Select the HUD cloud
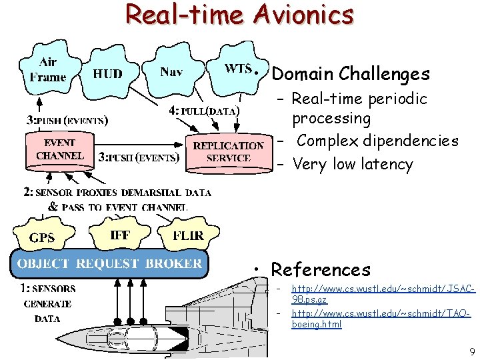(x=107, y=74)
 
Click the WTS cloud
(x=238, y=69)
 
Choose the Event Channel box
(x=60, y=150)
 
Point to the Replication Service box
(x=228, y=152)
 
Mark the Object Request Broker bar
(x=109, y=264)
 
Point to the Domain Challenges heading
(x=351, y=73)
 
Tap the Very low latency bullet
(x=353, y=165)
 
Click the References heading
(x=321, y=270)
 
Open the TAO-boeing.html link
(x=381, y=318)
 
